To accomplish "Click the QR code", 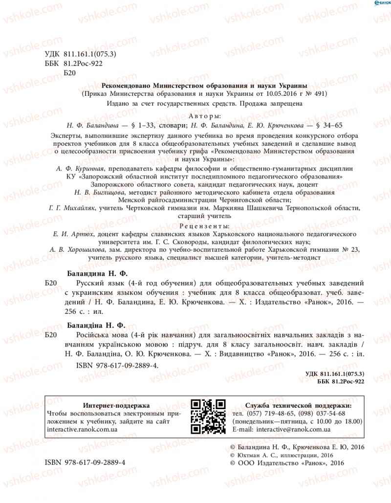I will coord(208,416).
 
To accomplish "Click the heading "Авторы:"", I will coord(204,116).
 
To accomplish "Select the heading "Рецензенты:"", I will coord(204,226).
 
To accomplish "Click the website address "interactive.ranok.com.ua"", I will coord(82,429).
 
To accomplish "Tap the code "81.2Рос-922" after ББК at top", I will coord(83,64).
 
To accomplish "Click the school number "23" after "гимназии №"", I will coord(355,249).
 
